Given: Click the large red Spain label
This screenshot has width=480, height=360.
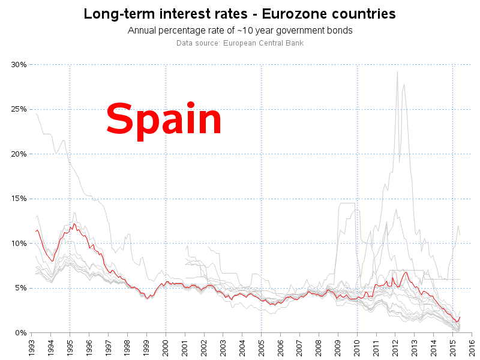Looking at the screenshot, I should click(164, 119).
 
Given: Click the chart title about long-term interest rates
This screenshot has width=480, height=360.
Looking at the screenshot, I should click(239, 14).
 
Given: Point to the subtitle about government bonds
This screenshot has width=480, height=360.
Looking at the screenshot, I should click(239, 31).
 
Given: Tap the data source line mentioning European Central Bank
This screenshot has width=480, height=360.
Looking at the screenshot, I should click(239, 43).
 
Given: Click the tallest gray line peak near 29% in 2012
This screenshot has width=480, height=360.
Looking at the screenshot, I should click(397, 72).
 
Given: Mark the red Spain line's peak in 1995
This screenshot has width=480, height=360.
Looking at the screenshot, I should click(74, 224).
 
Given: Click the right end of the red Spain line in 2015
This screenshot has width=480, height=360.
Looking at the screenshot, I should click(460, 317).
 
